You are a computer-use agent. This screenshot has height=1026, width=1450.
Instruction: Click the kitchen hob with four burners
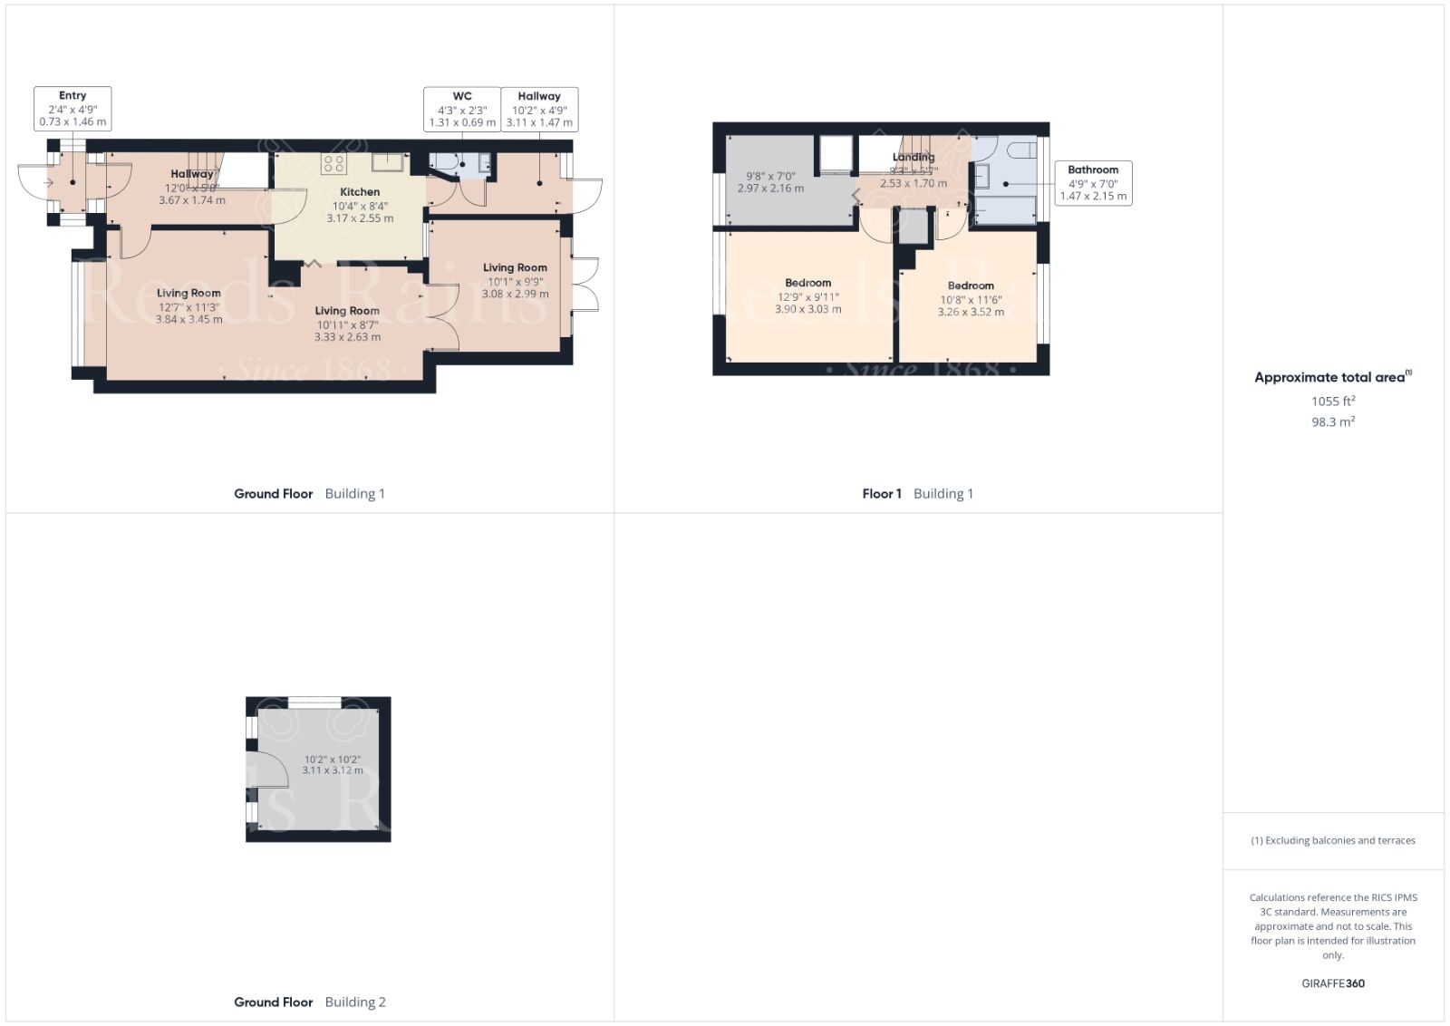click(x=333, y=163)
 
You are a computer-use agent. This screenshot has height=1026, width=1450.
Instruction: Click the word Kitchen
click(x=360, y=192)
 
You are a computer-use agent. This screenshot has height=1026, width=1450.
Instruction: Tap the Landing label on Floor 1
click(x=913, y=157)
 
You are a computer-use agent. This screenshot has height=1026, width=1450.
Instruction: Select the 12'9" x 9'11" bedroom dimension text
click(x=808, y=296)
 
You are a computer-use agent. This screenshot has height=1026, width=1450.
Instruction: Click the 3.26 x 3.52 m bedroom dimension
click(x=971, y=312)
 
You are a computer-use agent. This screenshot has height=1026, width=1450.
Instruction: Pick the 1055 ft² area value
click(x=1333, y=401)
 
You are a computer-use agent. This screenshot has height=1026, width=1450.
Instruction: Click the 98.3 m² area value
click(x=1333, y=421)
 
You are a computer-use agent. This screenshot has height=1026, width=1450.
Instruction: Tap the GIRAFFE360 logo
click(x=1333, y=983)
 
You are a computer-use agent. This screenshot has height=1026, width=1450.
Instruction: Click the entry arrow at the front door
click(x=48, y=183)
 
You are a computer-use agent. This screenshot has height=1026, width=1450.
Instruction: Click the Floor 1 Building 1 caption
click(x=917, y=494)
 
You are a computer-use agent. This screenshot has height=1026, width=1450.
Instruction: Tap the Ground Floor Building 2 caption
click(x=310, y=1002)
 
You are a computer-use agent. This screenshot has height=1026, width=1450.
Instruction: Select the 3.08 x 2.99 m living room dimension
click(x=515, y=294)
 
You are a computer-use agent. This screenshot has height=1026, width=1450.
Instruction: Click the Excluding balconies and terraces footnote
click(x=1333, y=840)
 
